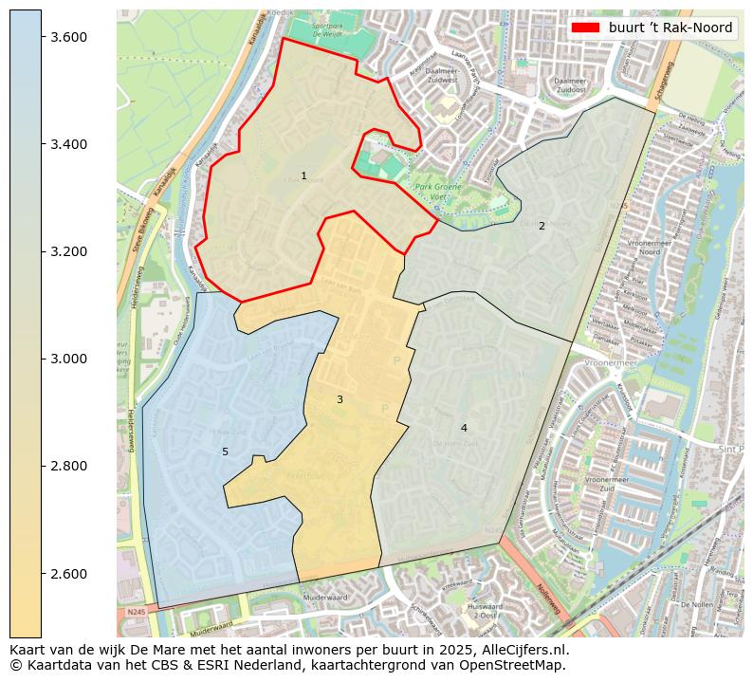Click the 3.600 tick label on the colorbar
pyautogui.click(x=69, y=37)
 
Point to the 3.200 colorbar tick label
pyautogui.click(x=69, y=251)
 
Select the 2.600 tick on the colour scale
pyautogui.click(x=69, y=574)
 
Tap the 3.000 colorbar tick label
pyautogui.click(x=69, y=359)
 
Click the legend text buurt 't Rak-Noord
pyautogui.click(x=670, y=28)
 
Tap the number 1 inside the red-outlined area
pyautogui.click(x=303, y=175)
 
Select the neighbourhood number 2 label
pyautogui.click(x=542, y=226)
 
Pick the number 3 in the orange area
pyautogui.click(x=340, y=399)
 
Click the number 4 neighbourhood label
pyautogui.click(x=464, y=428)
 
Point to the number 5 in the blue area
pyautogui.click(x=225, y=452)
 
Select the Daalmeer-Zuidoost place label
pyautogui.click(x=569, y=86)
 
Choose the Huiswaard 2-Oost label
pyautogui.click(x=485, y=611)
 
